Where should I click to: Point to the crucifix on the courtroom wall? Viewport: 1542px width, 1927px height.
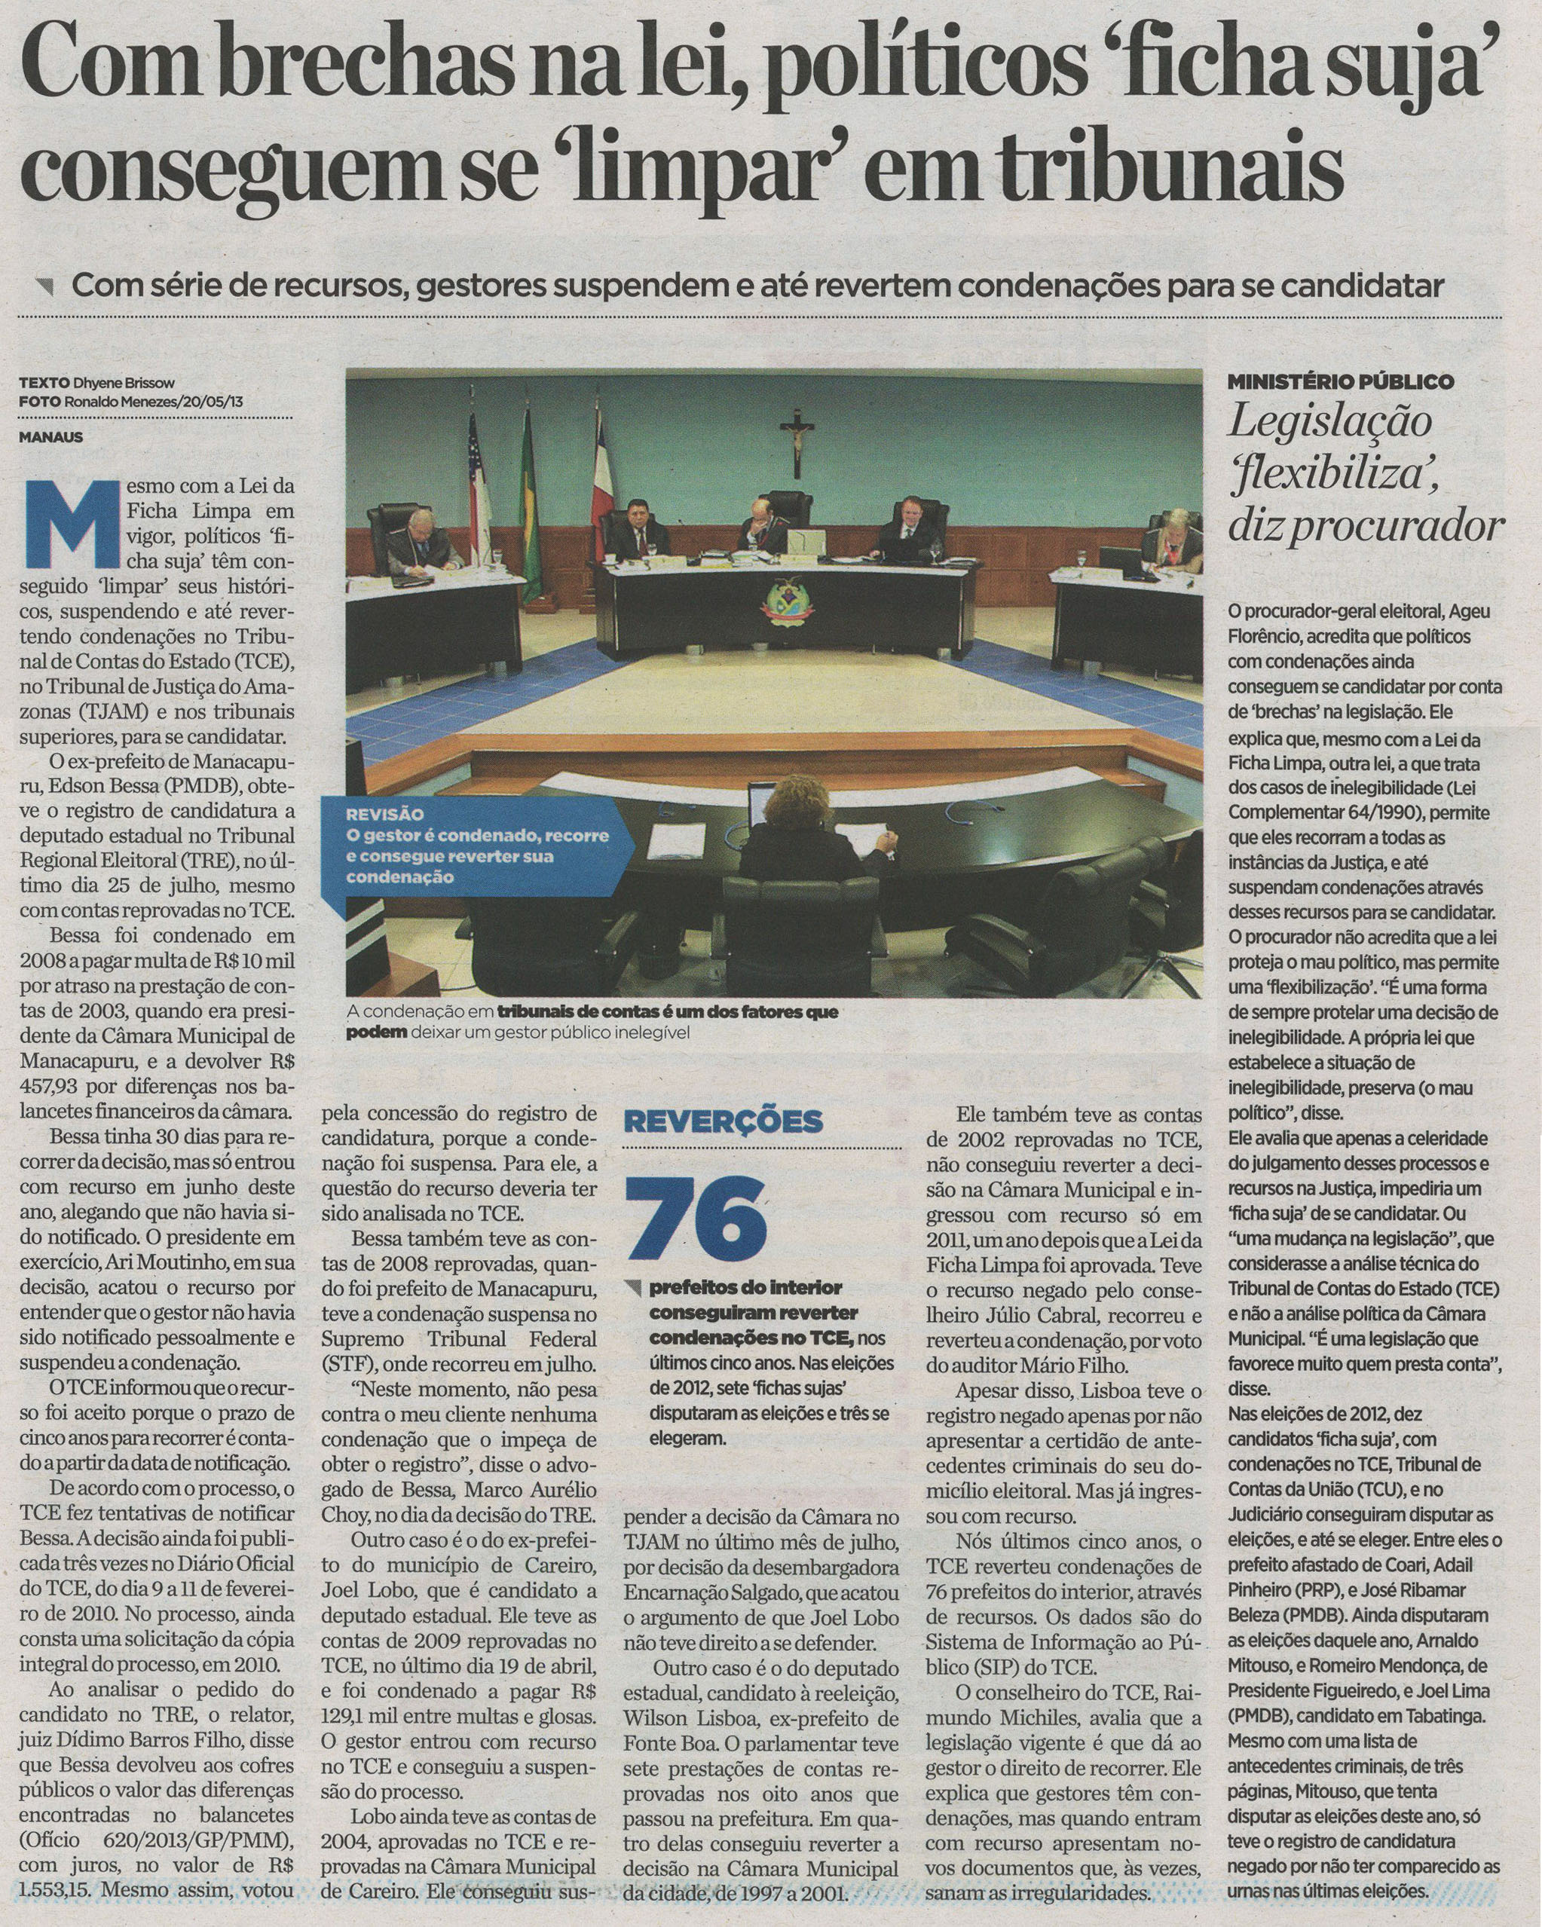[x=796, y=443]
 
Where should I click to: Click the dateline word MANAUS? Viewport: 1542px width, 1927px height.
[x=51, y=438]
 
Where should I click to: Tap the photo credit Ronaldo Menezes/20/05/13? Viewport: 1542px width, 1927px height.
[x=154, y=402]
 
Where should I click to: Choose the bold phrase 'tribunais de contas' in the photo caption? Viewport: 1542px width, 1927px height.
[x=572, y=1013]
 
